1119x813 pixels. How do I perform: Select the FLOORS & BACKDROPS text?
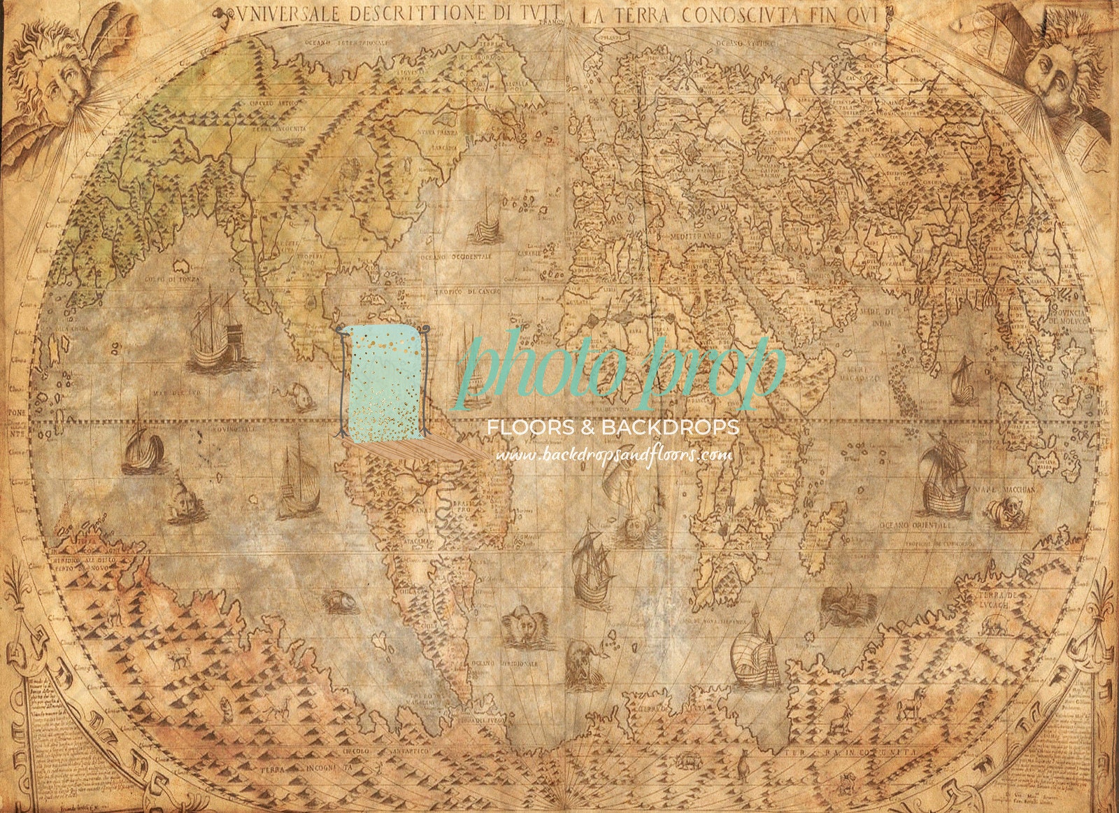click(613, 427)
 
